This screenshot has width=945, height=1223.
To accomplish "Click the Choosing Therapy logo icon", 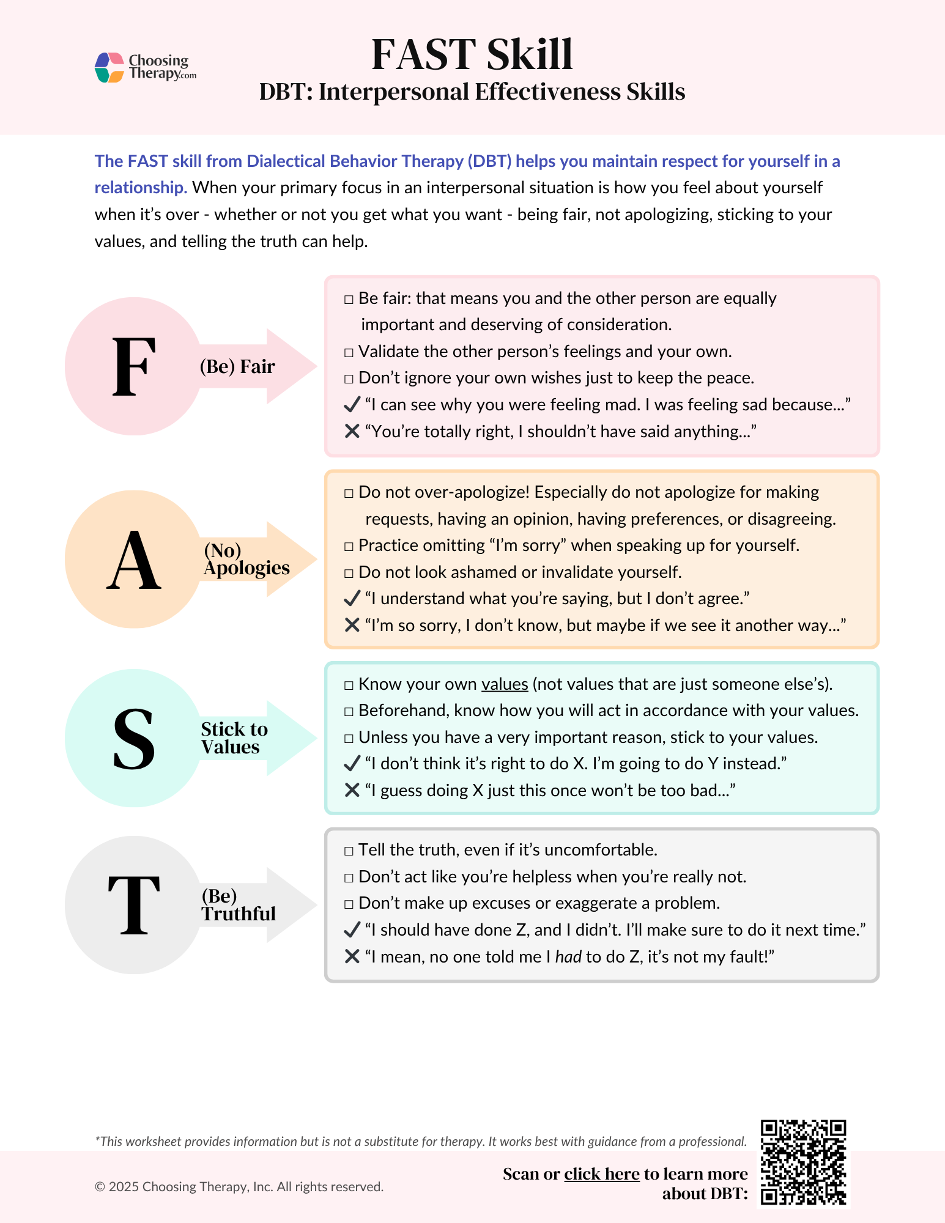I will pos(110,67).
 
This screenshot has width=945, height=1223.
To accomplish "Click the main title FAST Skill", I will pos(472,55).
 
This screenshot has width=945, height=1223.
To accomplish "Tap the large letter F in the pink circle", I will pos(134,366).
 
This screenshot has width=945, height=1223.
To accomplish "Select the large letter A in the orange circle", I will pos(134,560).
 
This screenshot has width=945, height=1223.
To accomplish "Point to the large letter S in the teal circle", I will pos(134,738).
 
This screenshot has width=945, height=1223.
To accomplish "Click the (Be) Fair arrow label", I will pos(237,366).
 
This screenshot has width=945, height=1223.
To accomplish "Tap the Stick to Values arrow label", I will pos(234,738).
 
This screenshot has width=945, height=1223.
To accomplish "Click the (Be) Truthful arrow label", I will pos(239,905).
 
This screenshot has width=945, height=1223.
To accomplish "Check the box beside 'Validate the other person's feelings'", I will pos(349,352).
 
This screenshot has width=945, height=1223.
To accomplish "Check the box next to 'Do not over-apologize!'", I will pos(349,493).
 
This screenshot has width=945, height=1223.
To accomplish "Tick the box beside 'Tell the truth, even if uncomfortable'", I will pos(349,851).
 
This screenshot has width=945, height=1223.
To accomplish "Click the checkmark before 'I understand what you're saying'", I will pos(352,597).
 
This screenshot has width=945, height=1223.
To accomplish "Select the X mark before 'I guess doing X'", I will pos(352,790).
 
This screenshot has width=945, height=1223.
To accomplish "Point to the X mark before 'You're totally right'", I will pos(352,431).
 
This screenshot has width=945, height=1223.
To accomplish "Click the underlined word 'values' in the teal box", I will pos(505,684).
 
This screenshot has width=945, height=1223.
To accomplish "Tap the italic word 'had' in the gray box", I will pos(568,956).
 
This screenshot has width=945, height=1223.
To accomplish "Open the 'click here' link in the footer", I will pos(602,1174).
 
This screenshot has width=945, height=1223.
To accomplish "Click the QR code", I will pos(803,1162).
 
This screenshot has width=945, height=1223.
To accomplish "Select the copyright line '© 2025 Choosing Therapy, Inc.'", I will pos(239,1186).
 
